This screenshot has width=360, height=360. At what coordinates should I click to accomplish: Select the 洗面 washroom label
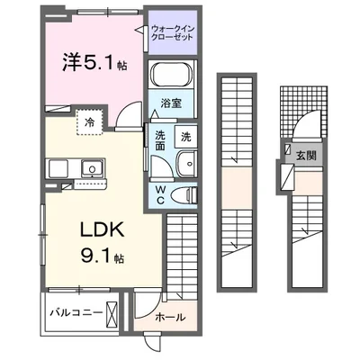point(157,143)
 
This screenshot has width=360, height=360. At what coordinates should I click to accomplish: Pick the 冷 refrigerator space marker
point(90,121)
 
